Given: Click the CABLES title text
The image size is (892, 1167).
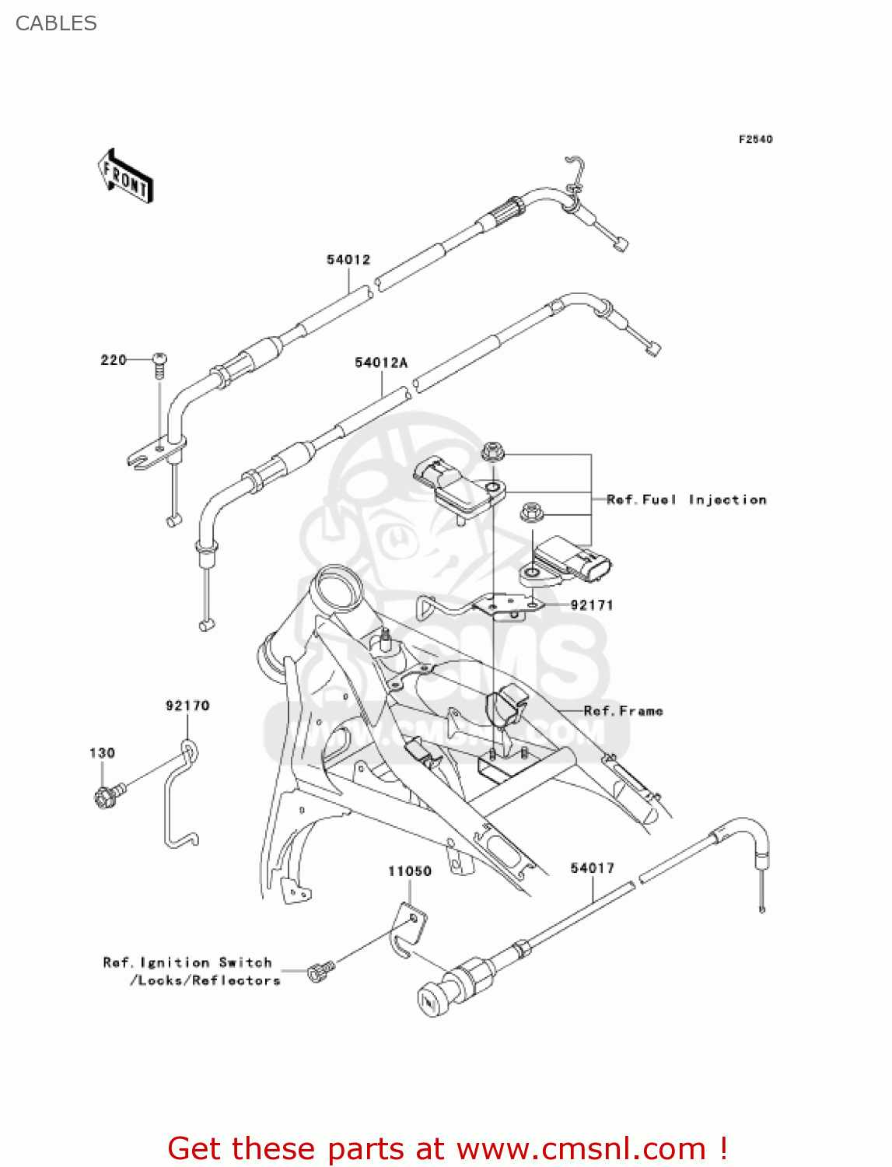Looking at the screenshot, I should (x=56, y=23).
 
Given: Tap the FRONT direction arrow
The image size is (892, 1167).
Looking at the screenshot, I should (x=125, y=177).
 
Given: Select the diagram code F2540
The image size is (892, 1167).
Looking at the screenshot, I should (x=755, y=139).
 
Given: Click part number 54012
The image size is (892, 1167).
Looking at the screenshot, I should (x=348, y=260).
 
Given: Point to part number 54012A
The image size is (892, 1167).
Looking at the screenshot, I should (x=381, y=363).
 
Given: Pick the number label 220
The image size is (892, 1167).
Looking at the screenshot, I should (x=114, y=359).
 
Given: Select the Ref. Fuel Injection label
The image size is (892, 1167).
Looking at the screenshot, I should (x=686, y=499).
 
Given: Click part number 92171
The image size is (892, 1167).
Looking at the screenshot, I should (x=592, y=605).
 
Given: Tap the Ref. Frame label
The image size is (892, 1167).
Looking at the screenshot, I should (x=623, y=710).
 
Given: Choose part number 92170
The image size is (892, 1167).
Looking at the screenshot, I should (x=187, y=706).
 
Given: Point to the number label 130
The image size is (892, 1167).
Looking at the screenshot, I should (x=102, y=752).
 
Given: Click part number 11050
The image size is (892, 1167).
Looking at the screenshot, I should (x=410, y=871).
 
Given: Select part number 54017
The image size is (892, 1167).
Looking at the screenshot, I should (x=592, y=867).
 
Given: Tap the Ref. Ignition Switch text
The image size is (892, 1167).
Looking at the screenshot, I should (x=187, y=962).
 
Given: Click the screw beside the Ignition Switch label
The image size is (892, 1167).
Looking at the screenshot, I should (x=320, y=970).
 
